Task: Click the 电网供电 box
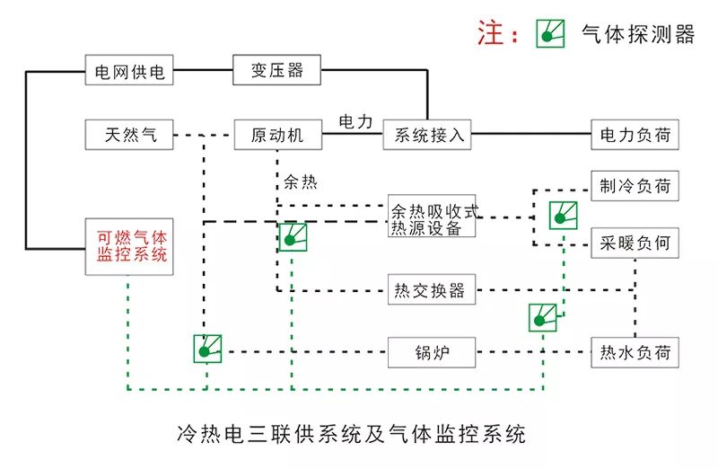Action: pyautogui.click(x=129, y=70)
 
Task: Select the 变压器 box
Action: pyautogui.click(x=277, y=70)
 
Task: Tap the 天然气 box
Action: pyautogui.click(x=129, y=135)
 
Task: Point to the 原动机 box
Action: pyautogui.click(x=277, y=135)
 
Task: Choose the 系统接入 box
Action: pyautogui.click(x=427, y=135)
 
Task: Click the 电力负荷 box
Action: pyautogui.click(x=635, y=135)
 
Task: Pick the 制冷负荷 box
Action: pyautogui.click(x=635, y=186)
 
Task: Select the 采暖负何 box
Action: pyautogui.click(x=635, y=243)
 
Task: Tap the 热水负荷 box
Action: pyautogui.click(x=635, y=351)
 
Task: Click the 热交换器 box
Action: pyautogui.click(x=431, y=290)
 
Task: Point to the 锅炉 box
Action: pyautogui.click(x=431, y=351)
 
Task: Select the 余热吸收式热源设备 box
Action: pyautogui.click(x=432, y=217)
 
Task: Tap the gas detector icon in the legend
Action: pyautogui.click(x=550, y=33)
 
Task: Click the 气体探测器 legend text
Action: pyautogui.click(x=639, y=34)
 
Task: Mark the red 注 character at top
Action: pyautogui.click(x=493, y=33)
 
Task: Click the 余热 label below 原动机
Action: pyautogui.click(x=301, y=181)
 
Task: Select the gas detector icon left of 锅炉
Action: pyautogui.click(x=206, y=350)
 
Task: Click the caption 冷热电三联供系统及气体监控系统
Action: pyautogui.click(x=353, y=435)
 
